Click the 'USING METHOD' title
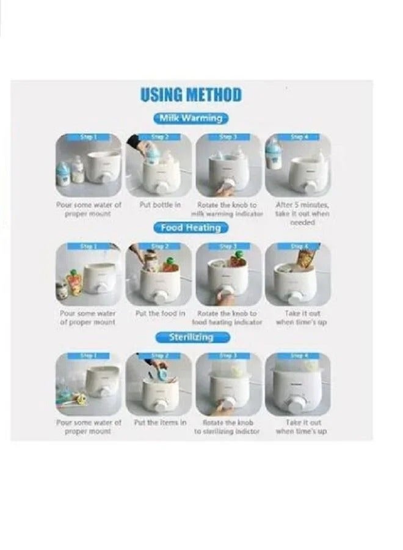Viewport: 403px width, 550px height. click(191, 95)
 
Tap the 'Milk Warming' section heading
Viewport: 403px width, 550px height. click(191, 118)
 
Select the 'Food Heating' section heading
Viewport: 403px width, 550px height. click(191, 227)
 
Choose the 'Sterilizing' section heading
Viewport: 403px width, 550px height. click(191, 337)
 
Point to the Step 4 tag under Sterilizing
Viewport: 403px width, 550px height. click(299, 356)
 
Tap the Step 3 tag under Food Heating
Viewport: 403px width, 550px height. click(227, 246)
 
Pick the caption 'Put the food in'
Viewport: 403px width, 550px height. click(159, 313)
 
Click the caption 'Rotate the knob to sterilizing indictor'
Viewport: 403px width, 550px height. click(227, 427)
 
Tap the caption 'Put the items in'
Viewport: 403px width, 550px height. click(159, 422)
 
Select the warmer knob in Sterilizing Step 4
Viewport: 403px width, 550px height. click(299, 406)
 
